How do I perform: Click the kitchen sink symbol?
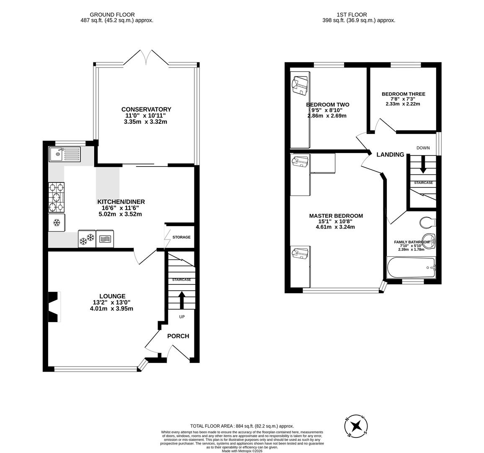coord(65,154)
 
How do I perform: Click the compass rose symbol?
coord(356,427)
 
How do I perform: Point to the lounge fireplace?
coord(54,307)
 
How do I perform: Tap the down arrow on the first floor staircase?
coord(423,164)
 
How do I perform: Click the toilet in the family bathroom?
coord(427,221)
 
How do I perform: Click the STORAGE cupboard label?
coord(181,237)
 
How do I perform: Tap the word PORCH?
coord(178,336)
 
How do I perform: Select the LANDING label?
coord(390,154)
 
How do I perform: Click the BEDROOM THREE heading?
coord(403,94)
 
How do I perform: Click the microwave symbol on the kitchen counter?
coord(105,240)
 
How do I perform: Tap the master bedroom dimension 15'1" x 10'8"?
coord(336,221)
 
